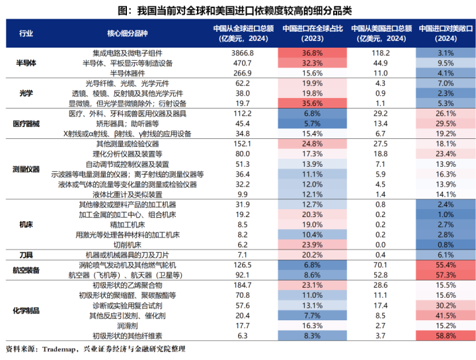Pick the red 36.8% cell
pyautogui.click(x=311, y=52)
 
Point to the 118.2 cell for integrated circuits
pyautogui.click(x=380, y=52)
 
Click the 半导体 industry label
pyautogui.click(x=26, y=63)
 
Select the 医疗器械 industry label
pyautogui.click(x=26, y=124)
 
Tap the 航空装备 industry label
pyautogui.click(x=26, y=270)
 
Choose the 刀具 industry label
pyautogui.click(x=26, y=255)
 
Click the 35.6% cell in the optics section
pyautogui.click(x=311, y=104)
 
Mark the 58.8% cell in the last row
pyautogui.click(x=446, y=336)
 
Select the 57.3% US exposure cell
pyautogui.click(x=446, y=275)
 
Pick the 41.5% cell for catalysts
pyautogui.click(x=446, y=316)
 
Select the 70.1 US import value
pyautogui.click(x=380, y=265)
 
